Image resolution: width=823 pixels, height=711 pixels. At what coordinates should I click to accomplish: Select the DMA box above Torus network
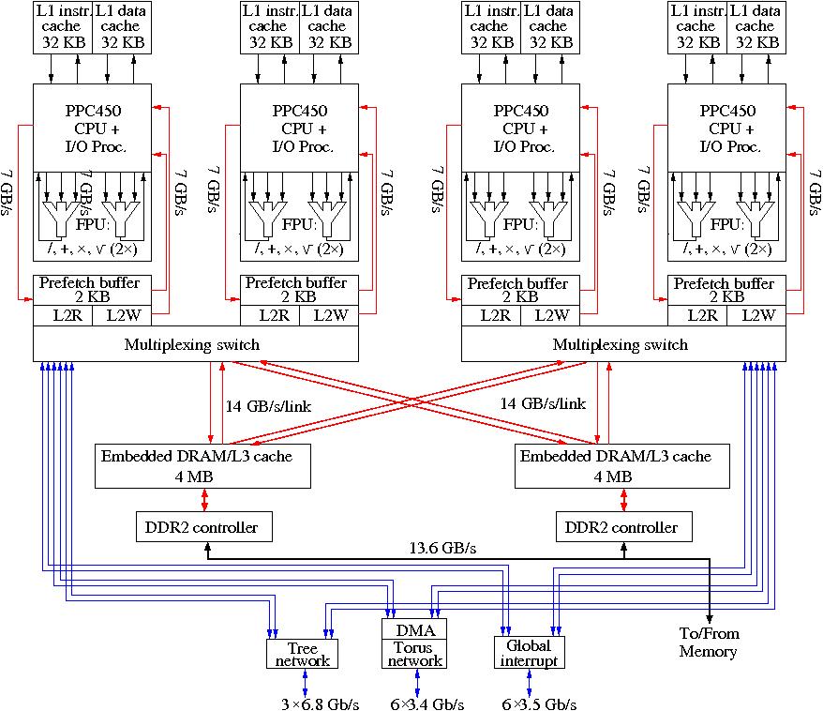click(x=415, y=628)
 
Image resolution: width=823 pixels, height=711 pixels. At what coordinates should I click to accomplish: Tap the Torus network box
click(x=415, y=654)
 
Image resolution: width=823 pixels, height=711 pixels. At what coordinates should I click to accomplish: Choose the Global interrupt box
click(x=528, y=653)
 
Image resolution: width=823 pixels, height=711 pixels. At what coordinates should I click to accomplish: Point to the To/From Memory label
click(x=709, y=643)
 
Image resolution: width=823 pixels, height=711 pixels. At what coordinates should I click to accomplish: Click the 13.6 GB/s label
click(x=442, y=549)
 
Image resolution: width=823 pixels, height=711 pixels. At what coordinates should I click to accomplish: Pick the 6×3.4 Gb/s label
click(x=426, y=703)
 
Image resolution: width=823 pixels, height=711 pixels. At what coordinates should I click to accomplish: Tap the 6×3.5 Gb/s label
click(x=538, y=703)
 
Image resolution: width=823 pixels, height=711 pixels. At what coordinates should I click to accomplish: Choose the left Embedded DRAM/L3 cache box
click(x=202, y=466)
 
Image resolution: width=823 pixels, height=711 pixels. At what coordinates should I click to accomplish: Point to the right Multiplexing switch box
click(x=623, y=344)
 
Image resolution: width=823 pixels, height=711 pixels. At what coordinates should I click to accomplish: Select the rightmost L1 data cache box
click(x=756, y=26)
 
